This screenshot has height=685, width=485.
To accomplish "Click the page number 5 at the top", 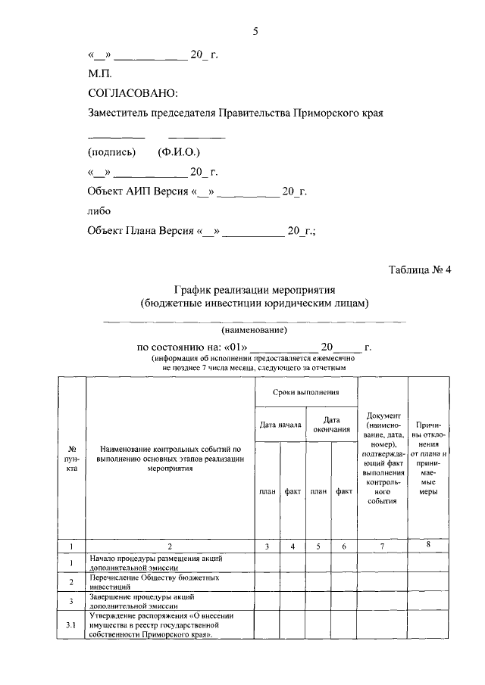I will click(255, 31).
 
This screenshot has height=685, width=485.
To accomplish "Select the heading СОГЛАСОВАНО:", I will click(133, 93).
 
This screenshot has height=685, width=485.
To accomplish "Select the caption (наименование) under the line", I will click(254, 331).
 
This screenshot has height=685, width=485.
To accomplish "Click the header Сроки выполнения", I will click(305, 393).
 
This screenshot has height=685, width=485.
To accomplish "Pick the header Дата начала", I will click(280, 425).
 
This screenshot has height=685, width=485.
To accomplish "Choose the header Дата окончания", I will click(331, 425).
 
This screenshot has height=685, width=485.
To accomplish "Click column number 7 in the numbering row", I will click(382, 545).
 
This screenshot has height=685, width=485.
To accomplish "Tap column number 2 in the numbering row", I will click(170, 545).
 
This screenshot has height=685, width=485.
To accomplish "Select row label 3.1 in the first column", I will click(70, 625).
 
